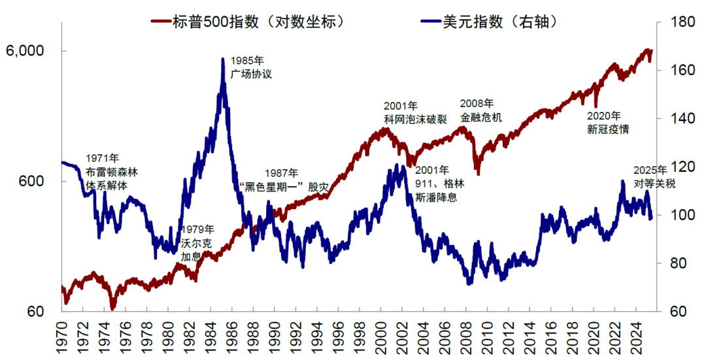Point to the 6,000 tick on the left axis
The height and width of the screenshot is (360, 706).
click(25, 51)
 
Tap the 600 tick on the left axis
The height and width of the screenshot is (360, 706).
click(31, 182)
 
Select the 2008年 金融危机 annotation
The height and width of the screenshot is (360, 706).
click(480, 110)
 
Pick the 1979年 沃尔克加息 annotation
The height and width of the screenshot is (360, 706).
click(197, 242)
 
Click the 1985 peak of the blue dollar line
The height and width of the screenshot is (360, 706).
click(223, 59)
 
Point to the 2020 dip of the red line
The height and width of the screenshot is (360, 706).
click(596, 106)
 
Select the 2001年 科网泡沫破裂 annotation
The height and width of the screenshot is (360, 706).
click(415, 112)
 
